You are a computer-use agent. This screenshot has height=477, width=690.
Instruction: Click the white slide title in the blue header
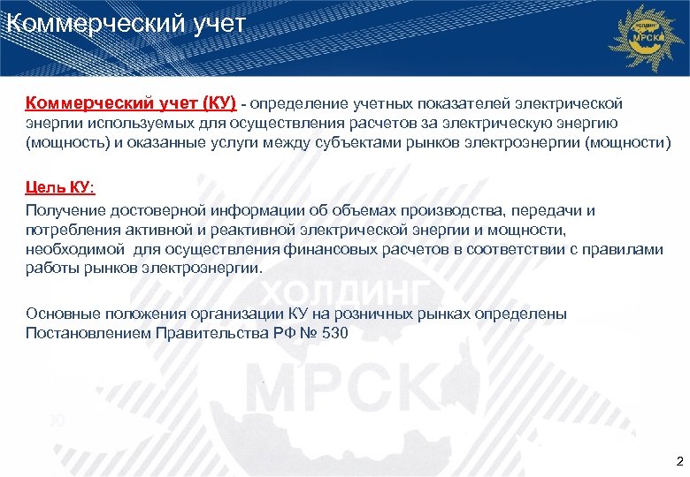coord(124,23)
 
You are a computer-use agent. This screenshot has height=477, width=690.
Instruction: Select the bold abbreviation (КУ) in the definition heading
coord(211,104)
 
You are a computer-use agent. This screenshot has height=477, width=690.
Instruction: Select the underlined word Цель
coord(45,188)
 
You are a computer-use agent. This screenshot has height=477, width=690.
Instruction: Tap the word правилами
coord(625,249)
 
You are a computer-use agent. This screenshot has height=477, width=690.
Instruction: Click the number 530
coord(334,333)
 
